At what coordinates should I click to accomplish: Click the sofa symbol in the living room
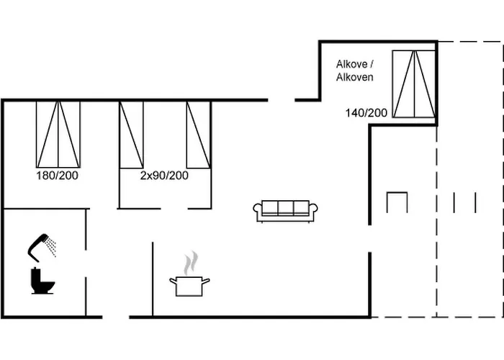tap(285, 210)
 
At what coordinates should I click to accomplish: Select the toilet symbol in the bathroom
tap(42, 281)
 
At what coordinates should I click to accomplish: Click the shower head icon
tap(39, 245)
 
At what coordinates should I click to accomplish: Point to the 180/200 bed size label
tap(58, 175)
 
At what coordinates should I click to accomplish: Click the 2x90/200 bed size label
tap(164, 175)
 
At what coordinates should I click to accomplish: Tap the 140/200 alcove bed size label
tap(366, 112)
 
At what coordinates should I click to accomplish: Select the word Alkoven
tap(354, 76)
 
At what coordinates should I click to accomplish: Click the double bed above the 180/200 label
tap(58, 135)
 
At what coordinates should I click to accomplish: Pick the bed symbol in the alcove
tap(413, 84)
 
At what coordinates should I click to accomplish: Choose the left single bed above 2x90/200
tap(131, 135)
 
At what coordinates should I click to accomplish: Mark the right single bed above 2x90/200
tap(198, 135)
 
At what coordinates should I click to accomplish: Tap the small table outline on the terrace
tap(397, 202)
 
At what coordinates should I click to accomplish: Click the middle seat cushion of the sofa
tap(285, 207)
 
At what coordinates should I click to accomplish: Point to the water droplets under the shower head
tap(50, 248)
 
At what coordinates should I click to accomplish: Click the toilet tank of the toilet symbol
tap(35, 274)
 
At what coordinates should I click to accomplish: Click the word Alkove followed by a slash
tap(353, 63)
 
